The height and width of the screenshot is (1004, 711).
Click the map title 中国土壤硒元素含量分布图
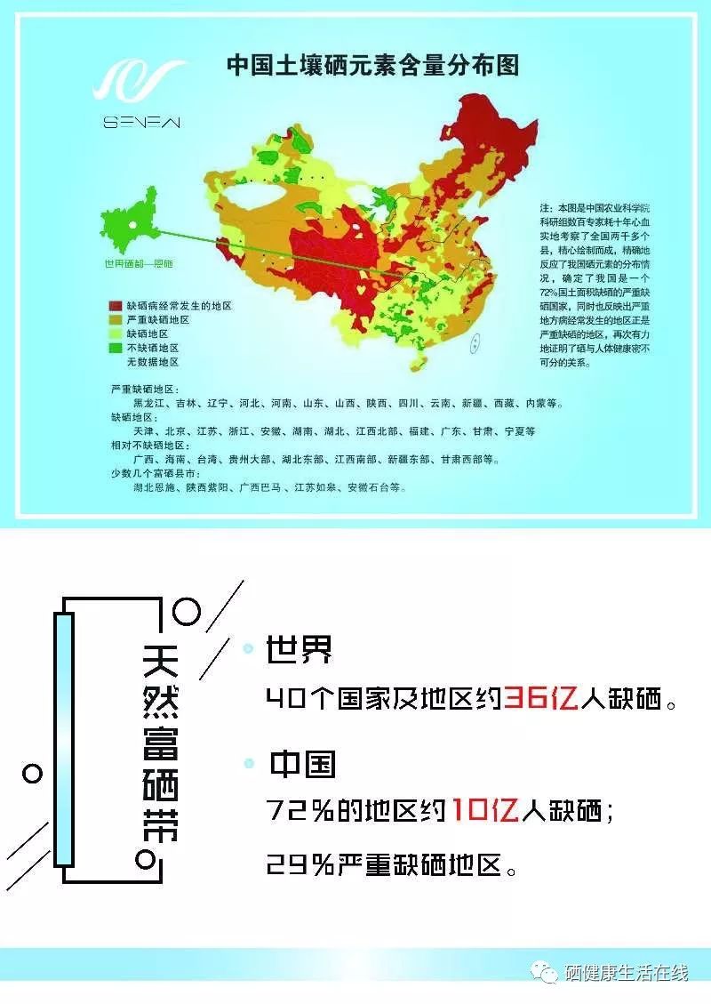coord(372,66)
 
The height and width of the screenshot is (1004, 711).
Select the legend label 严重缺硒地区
coord(158,319)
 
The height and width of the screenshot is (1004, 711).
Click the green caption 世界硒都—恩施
coord(138,264)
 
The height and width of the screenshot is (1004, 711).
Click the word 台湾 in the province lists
coord(205,460)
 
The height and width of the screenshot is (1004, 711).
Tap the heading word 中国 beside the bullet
coord(302,764)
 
